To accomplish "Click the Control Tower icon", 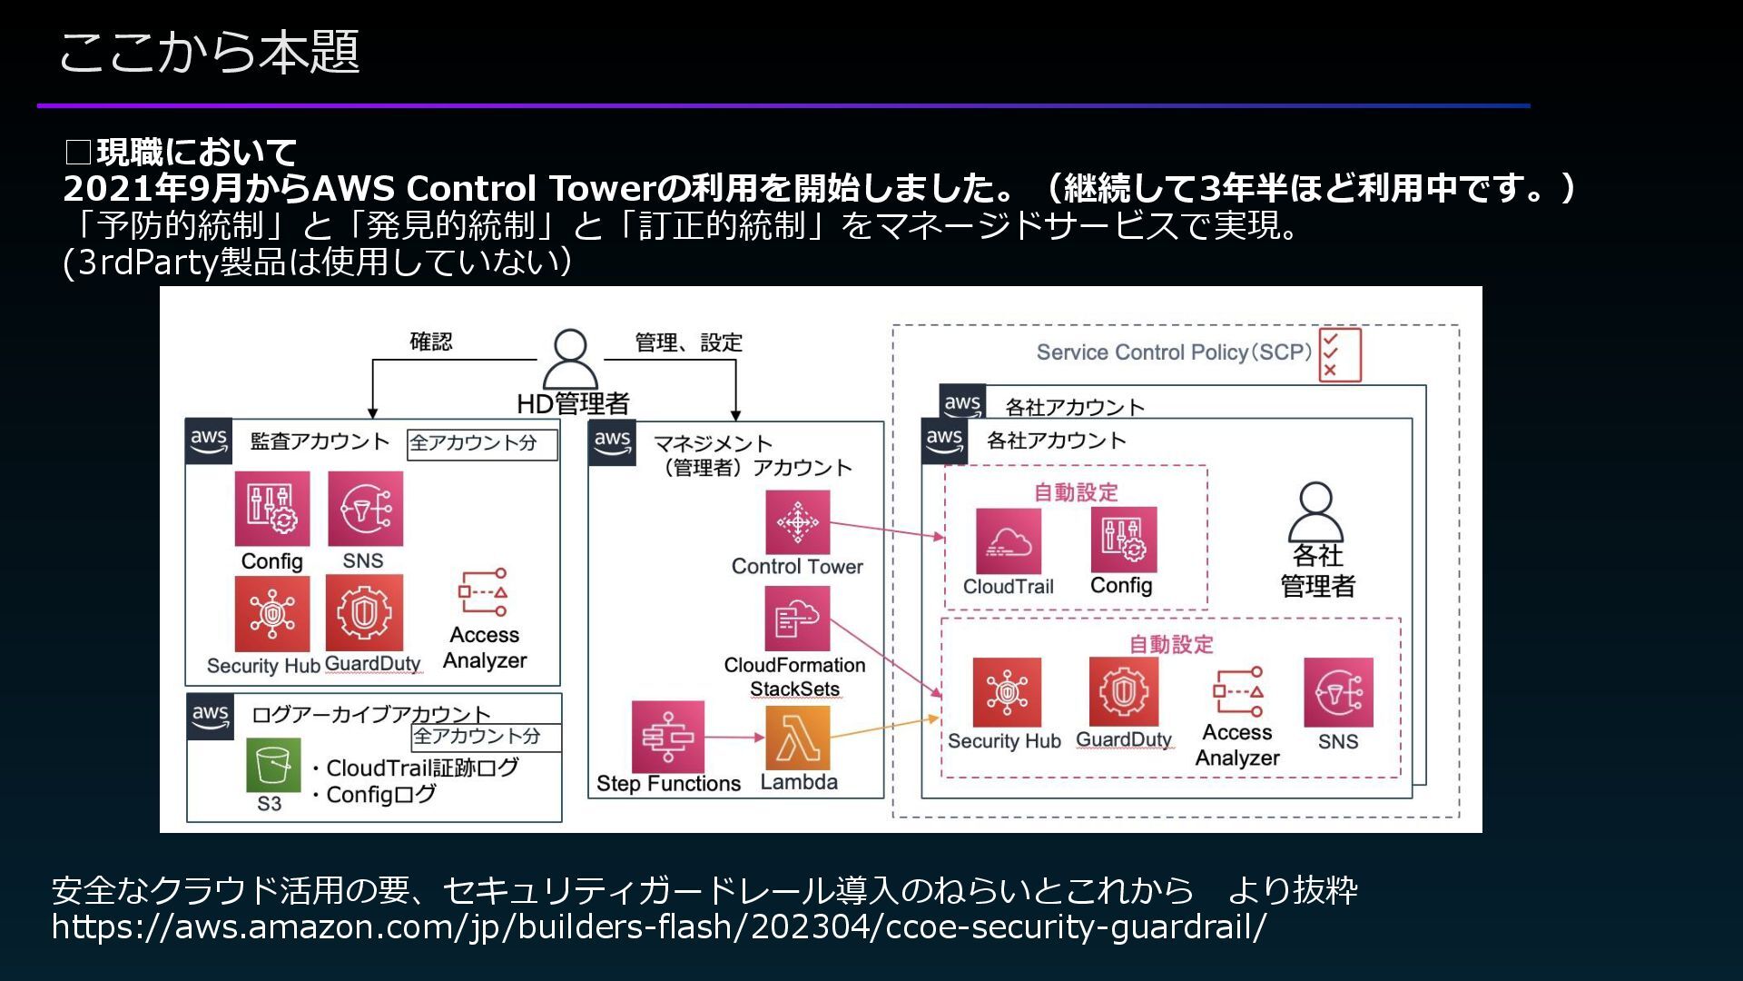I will coord(797,522).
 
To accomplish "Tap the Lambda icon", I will coord(797,738).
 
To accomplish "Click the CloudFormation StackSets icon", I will coord(797,619).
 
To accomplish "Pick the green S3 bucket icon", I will coord(272,765).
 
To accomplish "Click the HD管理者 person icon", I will coord(570,360).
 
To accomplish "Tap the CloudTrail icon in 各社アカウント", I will coord(1009,541).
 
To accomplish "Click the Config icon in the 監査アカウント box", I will coord(271,509).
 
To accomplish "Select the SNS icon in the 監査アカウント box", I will coord(365,509).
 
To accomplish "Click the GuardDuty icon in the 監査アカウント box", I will coord(365,613).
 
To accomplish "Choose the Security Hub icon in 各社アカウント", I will coord(1007,692).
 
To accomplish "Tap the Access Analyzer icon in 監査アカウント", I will coord(483,592).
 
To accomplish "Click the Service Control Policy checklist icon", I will coord(1340,354).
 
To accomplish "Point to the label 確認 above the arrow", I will coord(431,342).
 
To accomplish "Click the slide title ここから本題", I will coord(210,52).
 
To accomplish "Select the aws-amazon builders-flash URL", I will coord(659,927).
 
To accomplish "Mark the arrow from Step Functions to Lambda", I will coord(734,738).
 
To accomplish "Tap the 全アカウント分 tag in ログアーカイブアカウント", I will coord(485,737).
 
